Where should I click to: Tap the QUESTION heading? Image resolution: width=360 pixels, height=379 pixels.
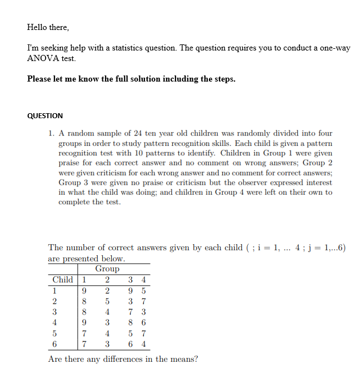45,116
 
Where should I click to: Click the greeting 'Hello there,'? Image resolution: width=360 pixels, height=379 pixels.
48,27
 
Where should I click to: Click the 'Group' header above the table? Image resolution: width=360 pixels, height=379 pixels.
107,269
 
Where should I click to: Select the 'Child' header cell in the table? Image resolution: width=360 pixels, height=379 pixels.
62,280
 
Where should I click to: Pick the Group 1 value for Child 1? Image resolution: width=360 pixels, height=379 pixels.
83,290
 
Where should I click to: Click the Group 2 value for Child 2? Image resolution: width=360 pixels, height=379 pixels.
107,301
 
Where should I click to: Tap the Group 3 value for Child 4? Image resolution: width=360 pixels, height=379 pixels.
130,322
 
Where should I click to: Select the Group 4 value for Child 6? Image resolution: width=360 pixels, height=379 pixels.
143,343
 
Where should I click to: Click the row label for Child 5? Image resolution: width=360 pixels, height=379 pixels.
54,333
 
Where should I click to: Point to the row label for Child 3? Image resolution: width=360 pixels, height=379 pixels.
54,312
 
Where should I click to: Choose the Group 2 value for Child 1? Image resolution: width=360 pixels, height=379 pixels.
107,290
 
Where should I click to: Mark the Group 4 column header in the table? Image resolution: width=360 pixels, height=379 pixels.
143,280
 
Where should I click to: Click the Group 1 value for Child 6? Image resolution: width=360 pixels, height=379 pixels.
83,343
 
